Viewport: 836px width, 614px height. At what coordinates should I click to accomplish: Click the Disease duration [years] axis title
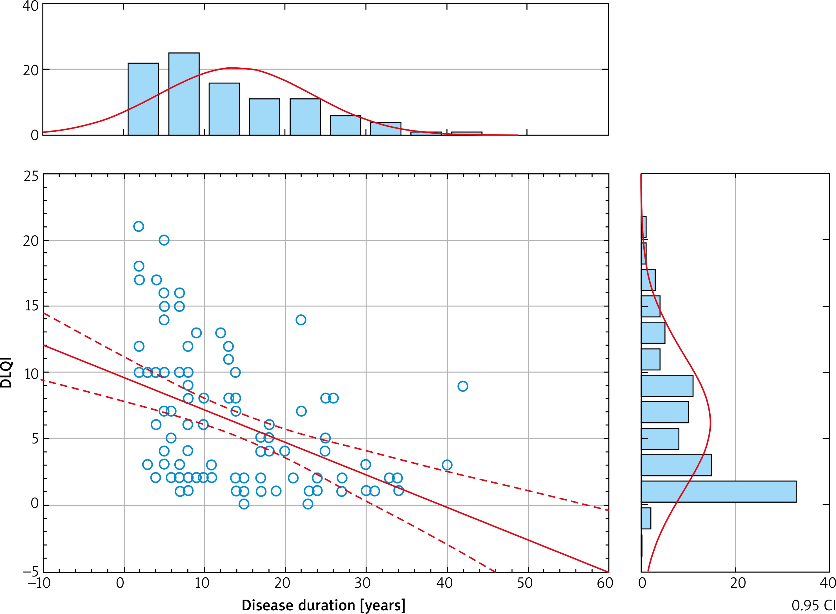pyautogui.click(x=323, y=605)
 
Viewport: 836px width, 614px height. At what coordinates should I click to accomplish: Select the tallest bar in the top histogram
pyautogui.click(x=184, y=94)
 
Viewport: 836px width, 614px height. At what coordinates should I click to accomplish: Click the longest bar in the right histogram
pyautogui.click(x=718, y=491)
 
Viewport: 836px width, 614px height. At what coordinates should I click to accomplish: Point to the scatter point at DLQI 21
pyautogui.click(x=139, y=226)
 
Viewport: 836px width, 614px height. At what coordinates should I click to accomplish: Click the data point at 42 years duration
pyautogui.click(x=463, y=386)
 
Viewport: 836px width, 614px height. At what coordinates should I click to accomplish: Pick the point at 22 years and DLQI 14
pyautogui.click(x=301, y=320)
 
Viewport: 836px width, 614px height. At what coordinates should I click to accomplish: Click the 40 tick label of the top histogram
pyautogui.click(x=30, y=6)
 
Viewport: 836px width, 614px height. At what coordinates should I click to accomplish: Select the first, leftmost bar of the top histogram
pyautogui.click(x=143, y=99)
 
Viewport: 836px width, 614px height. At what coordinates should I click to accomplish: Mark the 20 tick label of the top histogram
pyautogui.click(x=30, y=70)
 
